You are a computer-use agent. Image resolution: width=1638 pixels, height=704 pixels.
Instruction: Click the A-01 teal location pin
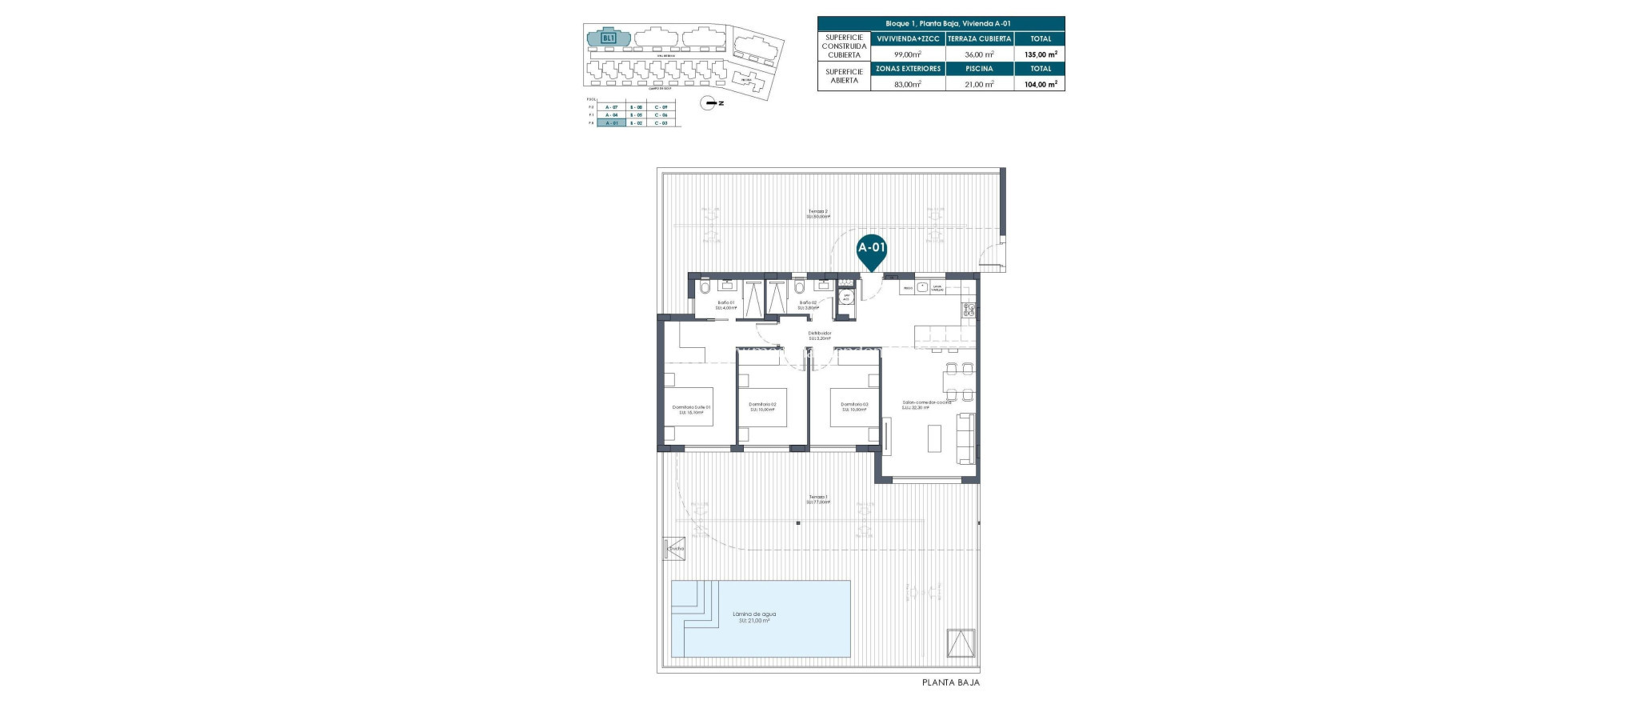871,250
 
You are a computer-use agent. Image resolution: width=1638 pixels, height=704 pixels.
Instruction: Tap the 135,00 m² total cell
1041,54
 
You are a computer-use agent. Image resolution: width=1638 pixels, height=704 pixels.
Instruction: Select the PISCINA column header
979,69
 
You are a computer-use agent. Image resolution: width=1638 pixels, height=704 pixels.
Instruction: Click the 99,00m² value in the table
908,54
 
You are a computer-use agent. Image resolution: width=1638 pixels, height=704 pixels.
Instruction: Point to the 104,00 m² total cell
1041,83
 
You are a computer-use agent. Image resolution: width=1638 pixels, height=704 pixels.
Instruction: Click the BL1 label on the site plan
609,38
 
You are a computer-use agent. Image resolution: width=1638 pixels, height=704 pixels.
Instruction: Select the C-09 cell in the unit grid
661,106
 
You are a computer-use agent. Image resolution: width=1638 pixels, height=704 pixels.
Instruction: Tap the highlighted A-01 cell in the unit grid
611,122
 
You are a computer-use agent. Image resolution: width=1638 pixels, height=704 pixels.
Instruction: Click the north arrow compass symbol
709,102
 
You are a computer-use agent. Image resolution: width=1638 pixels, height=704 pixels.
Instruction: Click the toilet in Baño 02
800,286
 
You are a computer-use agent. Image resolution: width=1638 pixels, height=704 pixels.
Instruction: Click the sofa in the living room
966,438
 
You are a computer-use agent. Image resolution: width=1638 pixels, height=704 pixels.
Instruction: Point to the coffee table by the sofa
934,438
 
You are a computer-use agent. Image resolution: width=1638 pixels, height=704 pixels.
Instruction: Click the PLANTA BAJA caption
950,683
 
